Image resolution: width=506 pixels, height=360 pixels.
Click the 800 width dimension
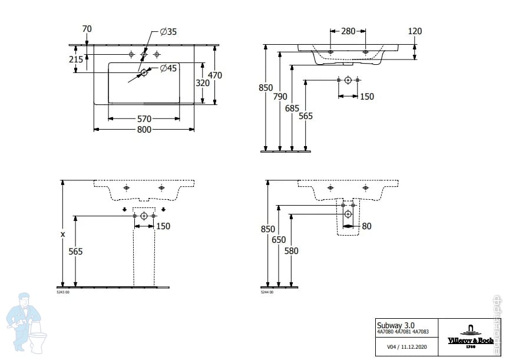point(145,130)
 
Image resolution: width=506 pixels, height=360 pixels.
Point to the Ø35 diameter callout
point(168,32)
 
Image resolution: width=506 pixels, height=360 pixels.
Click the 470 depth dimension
point(214,75)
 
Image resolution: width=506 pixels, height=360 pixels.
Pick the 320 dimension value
point(203,84)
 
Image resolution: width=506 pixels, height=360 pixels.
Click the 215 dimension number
point(75,60)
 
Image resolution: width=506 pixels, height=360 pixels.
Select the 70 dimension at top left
point(87,28)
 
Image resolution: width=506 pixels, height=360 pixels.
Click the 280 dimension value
point(348,31)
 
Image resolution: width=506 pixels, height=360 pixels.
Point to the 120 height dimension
point(415,31)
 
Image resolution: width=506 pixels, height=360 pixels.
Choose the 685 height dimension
point(292,108)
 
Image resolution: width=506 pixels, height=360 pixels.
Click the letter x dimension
point(62,235)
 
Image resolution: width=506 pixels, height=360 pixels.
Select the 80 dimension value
point(367,226)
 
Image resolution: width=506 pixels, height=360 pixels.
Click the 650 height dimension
point(279,240)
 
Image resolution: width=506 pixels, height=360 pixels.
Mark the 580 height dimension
point(292,251)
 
